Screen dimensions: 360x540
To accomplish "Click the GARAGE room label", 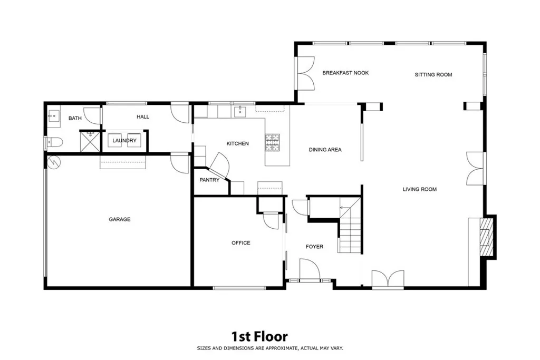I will (120, 219).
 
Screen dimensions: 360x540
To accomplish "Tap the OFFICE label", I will (241, 243).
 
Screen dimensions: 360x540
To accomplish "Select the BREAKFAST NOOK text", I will (345, 73).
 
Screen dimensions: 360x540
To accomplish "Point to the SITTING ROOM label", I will (433, 75).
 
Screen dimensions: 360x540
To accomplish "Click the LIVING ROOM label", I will (420, 189).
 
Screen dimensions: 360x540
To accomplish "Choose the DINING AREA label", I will (325, 150).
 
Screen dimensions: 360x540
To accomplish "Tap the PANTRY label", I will (209, 180).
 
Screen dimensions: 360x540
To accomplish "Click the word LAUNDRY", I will (124, 141).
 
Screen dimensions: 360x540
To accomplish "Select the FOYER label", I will (314, 247).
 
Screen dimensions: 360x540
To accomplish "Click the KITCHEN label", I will (237, 143).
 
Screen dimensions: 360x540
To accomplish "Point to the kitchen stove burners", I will (273, 142).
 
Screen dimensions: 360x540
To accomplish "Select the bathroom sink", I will (52, 115).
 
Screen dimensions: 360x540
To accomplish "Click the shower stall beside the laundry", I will (89, 141).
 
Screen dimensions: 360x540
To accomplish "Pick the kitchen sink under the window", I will (239, 111).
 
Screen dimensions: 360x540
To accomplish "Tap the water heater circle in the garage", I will (54, 162).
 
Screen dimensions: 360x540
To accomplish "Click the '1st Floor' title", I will (259, 336).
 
